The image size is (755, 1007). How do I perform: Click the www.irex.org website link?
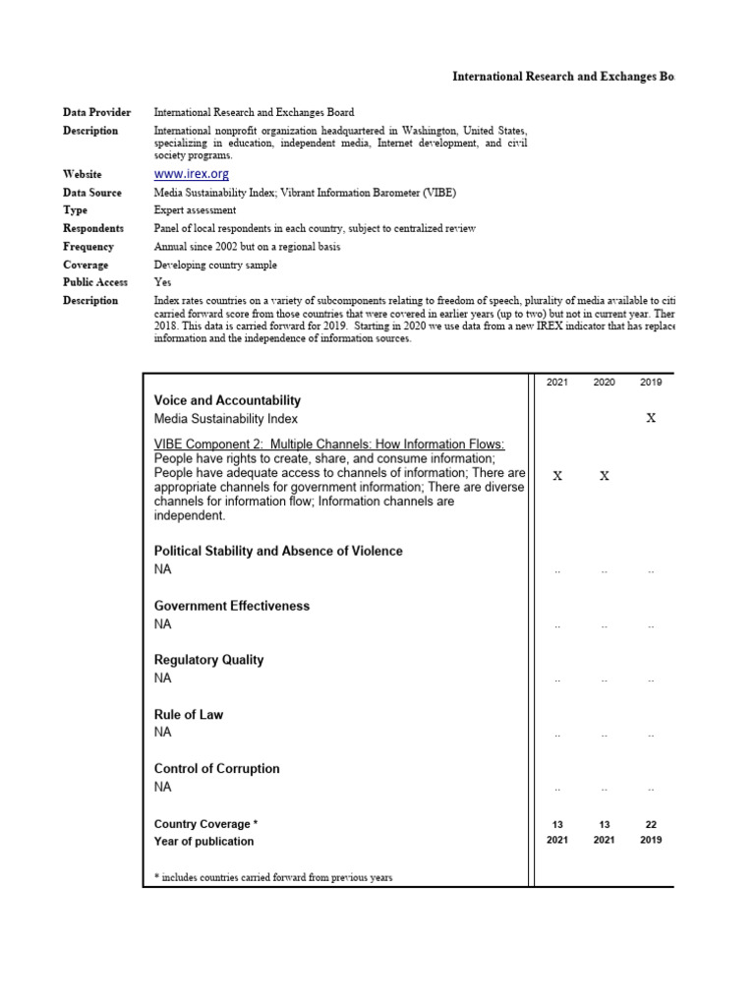point(192,174)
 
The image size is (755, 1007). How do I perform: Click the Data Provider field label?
point(97,113)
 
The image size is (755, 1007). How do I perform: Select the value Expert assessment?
point(195,210)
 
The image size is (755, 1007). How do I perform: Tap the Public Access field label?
point(95,282)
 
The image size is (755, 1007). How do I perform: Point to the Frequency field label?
point(88,247)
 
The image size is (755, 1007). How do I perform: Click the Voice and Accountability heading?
point(227,400)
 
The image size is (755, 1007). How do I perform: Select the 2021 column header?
point(557,383)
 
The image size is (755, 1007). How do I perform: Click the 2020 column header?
point(604,383)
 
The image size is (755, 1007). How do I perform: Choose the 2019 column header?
point(651,383)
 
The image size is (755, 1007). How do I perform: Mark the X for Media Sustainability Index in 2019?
point(651,418)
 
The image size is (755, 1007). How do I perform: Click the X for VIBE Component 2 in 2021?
point(557,476)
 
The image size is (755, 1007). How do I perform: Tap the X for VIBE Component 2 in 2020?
point(604,476)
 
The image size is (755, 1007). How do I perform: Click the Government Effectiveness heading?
point(232,606)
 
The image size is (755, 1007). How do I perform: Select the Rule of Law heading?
point(189,715)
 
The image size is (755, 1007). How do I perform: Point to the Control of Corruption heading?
point(217,769)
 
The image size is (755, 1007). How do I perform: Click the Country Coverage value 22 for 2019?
point(651,824)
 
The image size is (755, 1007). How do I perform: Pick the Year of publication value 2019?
point(651,841)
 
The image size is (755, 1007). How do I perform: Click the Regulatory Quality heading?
point(208,660)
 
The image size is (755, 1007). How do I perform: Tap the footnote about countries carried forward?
point(273,877)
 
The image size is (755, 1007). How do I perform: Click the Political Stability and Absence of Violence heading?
point(278,552)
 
